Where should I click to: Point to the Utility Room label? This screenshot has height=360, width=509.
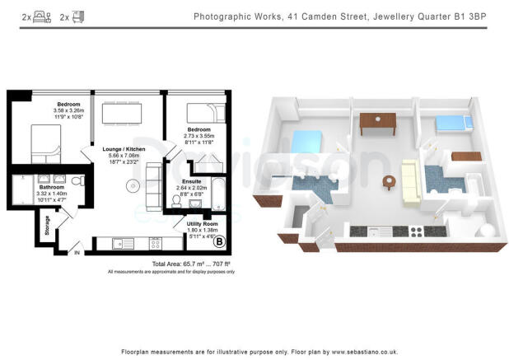(x=200, y=224)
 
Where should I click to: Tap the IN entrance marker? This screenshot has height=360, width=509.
(x=78, y=254)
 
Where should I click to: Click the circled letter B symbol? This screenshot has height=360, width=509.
(x=218, y=241)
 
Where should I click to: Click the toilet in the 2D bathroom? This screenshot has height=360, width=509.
(x=76, y=180)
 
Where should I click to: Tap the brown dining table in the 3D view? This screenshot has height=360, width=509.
(x=377, y=121)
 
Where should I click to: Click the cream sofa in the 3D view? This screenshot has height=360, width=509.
(x=411, y=181)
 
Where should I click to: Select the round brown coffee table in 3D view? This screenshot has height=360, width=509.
(x=387, y=180)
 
